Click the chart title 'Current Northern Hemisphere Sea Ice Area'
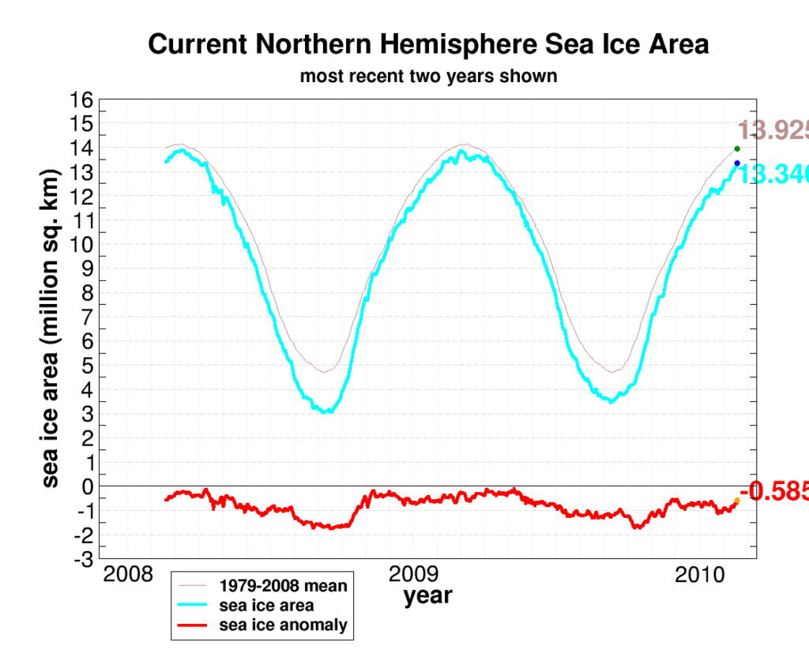point(428,45)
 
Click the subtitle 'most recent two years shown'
point(428,77)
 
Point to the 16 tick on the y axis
point(83,99)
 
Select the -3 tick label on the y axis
point(83,560)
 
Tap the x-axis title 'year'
point(428,595)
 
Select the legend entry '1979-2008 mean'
point(284,587)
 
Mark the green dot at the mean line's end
point(737,148)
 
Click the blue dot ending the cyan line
point(737,163)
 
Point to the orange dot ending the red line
point(737,501)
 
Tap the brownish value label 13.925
point(773,130)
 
